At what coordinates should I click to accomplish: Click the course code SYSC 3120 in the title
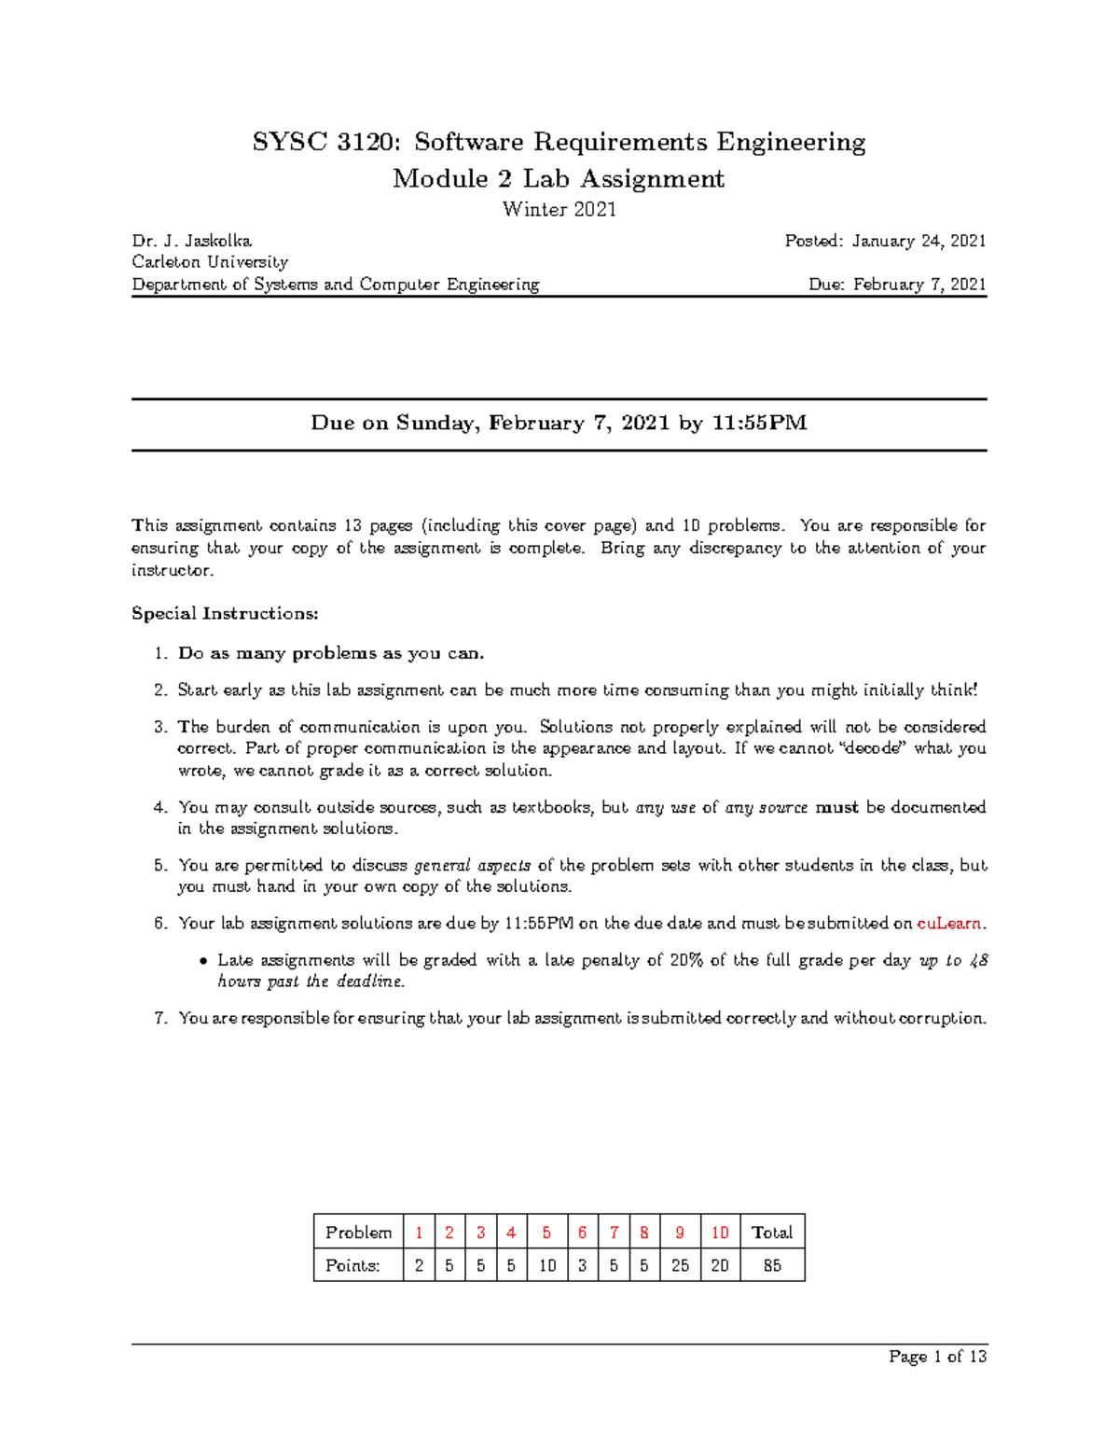tap(327, 142)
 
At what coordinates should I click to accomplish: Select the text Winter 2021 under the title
tap(559, 209)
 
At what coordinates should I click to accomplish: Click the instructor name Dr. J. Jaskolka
tap(191, 241)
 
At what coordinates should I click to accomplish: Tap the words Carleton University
tap(210, 262)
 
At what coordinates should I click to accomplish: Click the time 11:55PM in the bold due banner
tap(759, 423)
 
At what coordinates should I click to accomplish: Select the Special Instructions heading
tap(225, 613)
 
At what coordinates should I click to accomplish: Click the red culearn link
tap(949, 923)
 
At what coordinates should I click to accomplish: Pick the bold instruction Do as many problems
tap(331, 653)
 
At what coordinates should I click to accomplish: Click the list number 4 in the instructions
tap(160, 807)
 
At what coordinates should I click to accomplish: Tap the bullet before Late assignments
tap(204, 961)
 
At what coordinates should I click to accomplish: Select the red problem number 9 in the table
tap(680, 1233)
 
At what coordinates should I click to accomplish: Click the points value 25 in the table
tap(680, 1265)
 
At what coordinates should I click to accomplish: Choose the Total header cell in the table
tap(772, 1233)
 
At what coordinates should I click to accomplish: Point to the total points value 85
tap(772, 1265)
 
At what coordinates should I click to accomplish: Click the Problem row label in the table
tap(358, 1233)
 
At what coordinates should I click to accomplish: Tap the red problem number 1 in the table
tap(419, 1233)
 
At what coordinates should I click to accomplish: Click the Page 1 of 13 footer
tap(937, 1357)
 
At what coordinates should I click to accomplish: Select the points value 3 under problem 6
tap(582, 1265)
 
